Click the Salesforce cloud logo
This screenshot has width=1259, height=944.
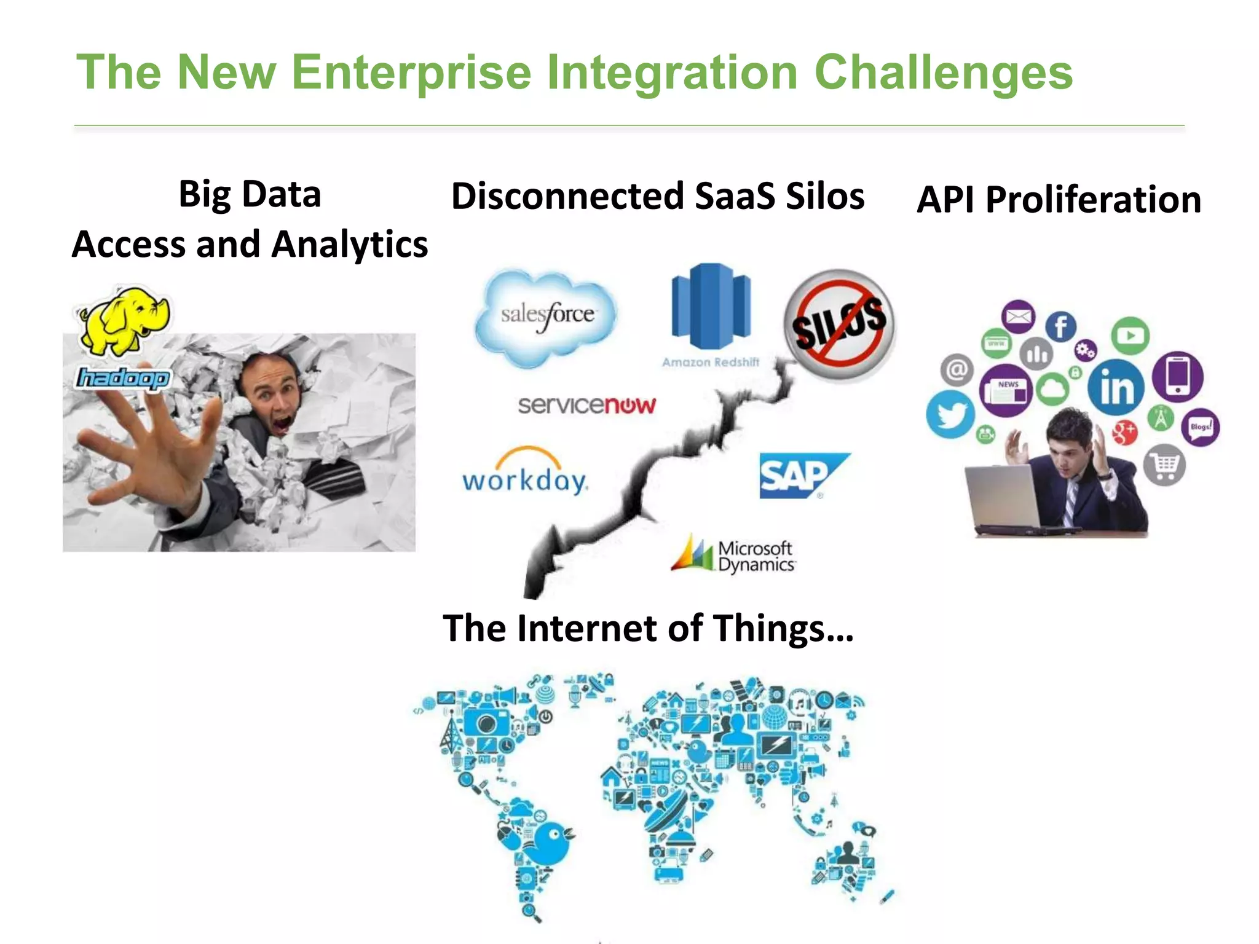pyautogui.click(x=546, y=317)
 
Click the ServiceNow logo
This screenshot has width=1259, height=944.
pyautogui.click(x=586, y=405)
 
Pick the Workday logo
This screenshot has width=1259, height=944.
pyautogui.click(x=525, y=473)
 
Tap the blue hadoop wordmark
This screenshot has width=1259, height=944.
pyautogui.click(x=122, y=378)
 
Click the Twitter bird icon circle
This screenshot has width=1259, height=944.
pyautogui.click(x=950, y=415)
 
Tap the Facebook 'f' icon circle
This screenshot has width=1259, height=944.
pyautogui.click(x=1060, y=326)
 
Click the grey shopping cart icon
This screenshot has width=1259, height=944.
pyautogui.click(x=1164, y=466)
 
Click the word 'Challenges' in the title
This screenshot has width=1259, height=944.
pyautogui.click(x=943, y=73)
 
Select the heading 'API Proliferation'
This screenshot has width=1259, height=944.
pyautogui.click(x=1059, y=200)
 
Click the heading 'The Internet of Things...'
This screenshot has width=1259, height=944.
pyautogui.click(x=648, y=628)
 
